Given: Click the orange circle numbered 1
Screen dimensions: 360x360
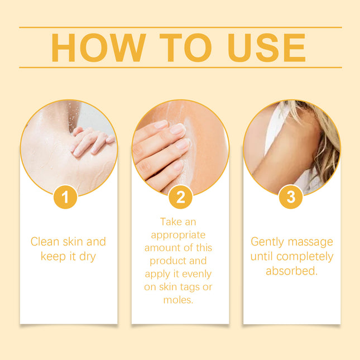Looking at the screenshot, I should point(65,197).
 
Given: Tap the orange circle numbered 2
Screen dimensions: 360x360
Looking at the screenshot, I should point(180,197).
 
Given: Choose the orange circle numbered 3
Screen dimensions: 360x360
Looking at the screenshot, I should point(290,197).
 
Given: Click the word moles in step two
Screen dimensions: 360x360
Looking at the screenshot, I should point(179,300).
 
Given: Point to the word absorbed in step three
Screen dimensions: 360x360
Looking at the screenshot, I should point(291,271).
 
